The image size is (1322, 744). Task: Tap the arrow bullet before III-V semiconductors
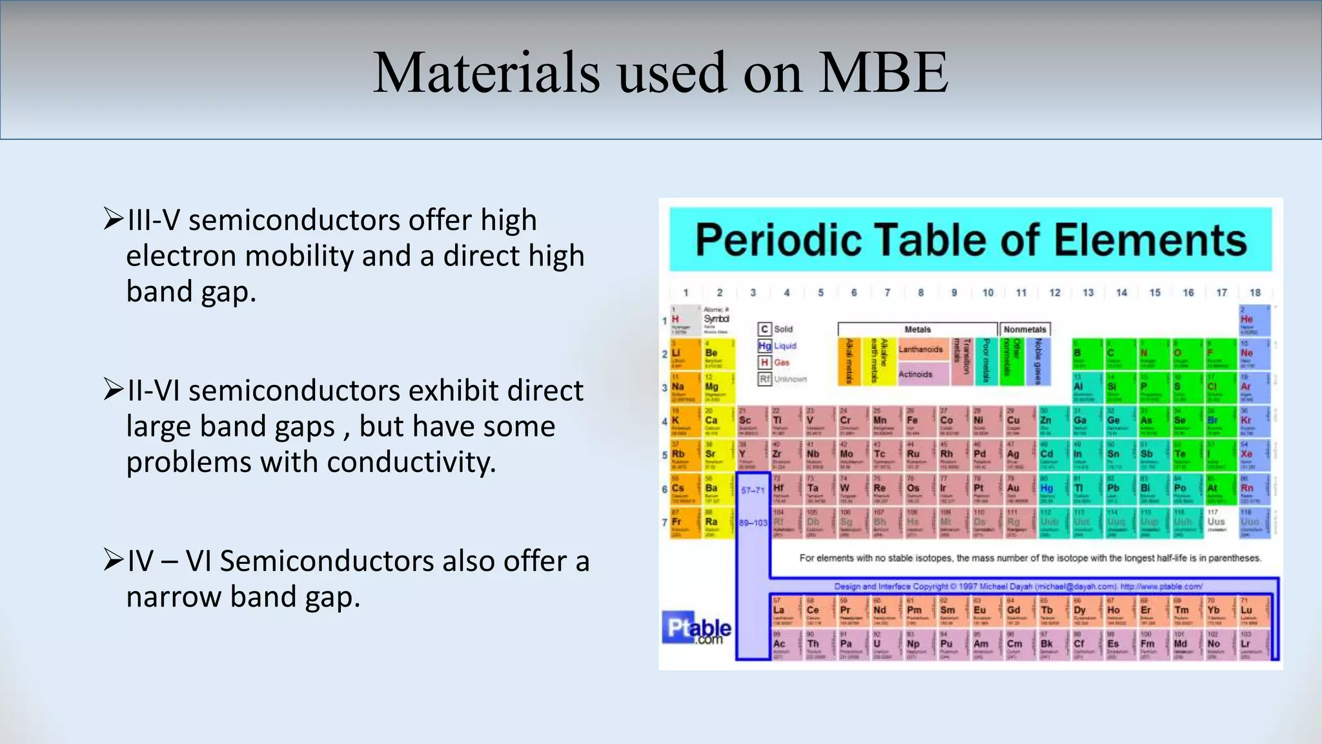click(113, 220)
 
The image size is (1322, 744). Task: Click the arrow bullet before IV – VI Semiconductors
click(113, 560)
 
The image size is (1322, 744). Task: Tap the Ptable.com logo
click(697, 628)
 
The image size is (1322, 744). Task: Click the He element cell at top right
click(1254, 320)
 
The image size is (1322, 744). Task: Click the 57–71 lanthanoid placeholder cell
click(752, 490)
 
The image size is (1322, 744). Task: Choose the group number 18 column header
click(1255, 293)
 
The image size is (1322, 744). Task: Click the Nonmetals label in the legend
click(1024, 329)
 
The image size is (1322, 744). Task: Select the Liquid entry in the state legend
click(785, 346)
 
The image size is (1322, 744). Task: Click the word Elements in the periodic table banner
click(1150, 240)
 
